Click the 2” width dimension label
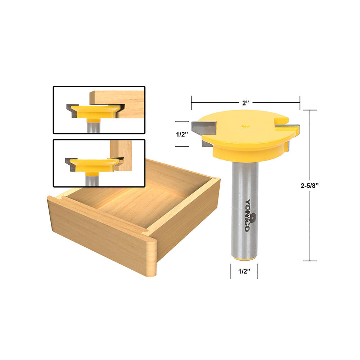(x=246, y=103)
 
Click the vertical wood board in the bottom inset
(x=121, y=155)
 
